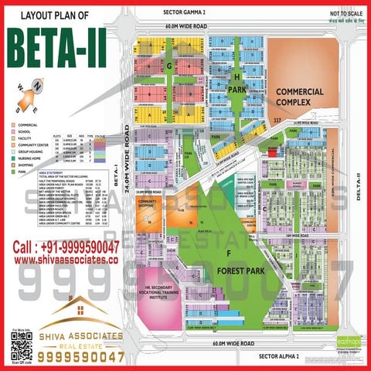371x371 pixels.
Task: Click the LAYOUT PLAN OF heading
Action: tap(58, 15)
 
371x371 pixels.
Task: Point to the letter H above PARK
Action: tap(237, 77)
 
